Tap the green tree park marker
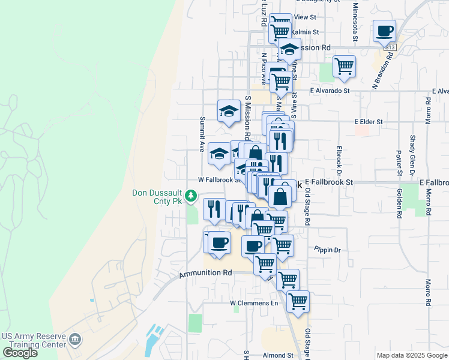tap(191, 196)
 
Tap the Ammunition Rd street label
tap(205, 273)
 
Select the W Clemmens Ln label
tap(255, 303)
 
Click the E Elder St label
tap(369, 122)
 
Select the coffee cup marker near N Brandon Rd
tap(384, 30)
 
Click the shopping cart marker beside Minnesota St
tap(344, 66)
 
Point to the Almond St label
tap(278, 355)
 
